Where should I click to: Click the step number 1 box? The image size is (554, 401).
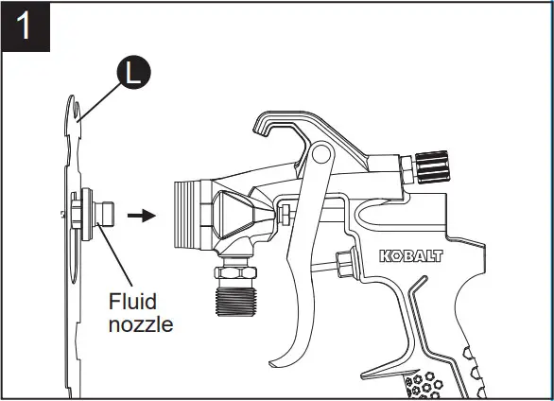point(26,26)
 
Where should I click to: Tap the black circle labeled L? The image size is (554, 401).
point(134,72)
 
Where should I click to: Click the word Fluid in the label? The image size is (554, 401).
point(132,302)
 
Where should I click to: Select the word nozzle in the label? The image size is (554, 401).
point(141,325)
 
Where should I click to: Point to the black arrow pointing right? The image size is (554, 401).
point(142,216)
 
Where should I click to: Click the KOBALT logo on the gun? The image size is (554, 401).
point(411,256)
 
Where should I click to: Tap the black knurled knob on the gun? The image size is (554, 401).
point(432,167)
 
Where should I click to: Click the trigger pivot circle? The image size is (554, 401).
point(320,153)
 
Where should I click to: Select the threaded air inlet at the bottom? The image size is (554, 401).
point(235,301)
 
